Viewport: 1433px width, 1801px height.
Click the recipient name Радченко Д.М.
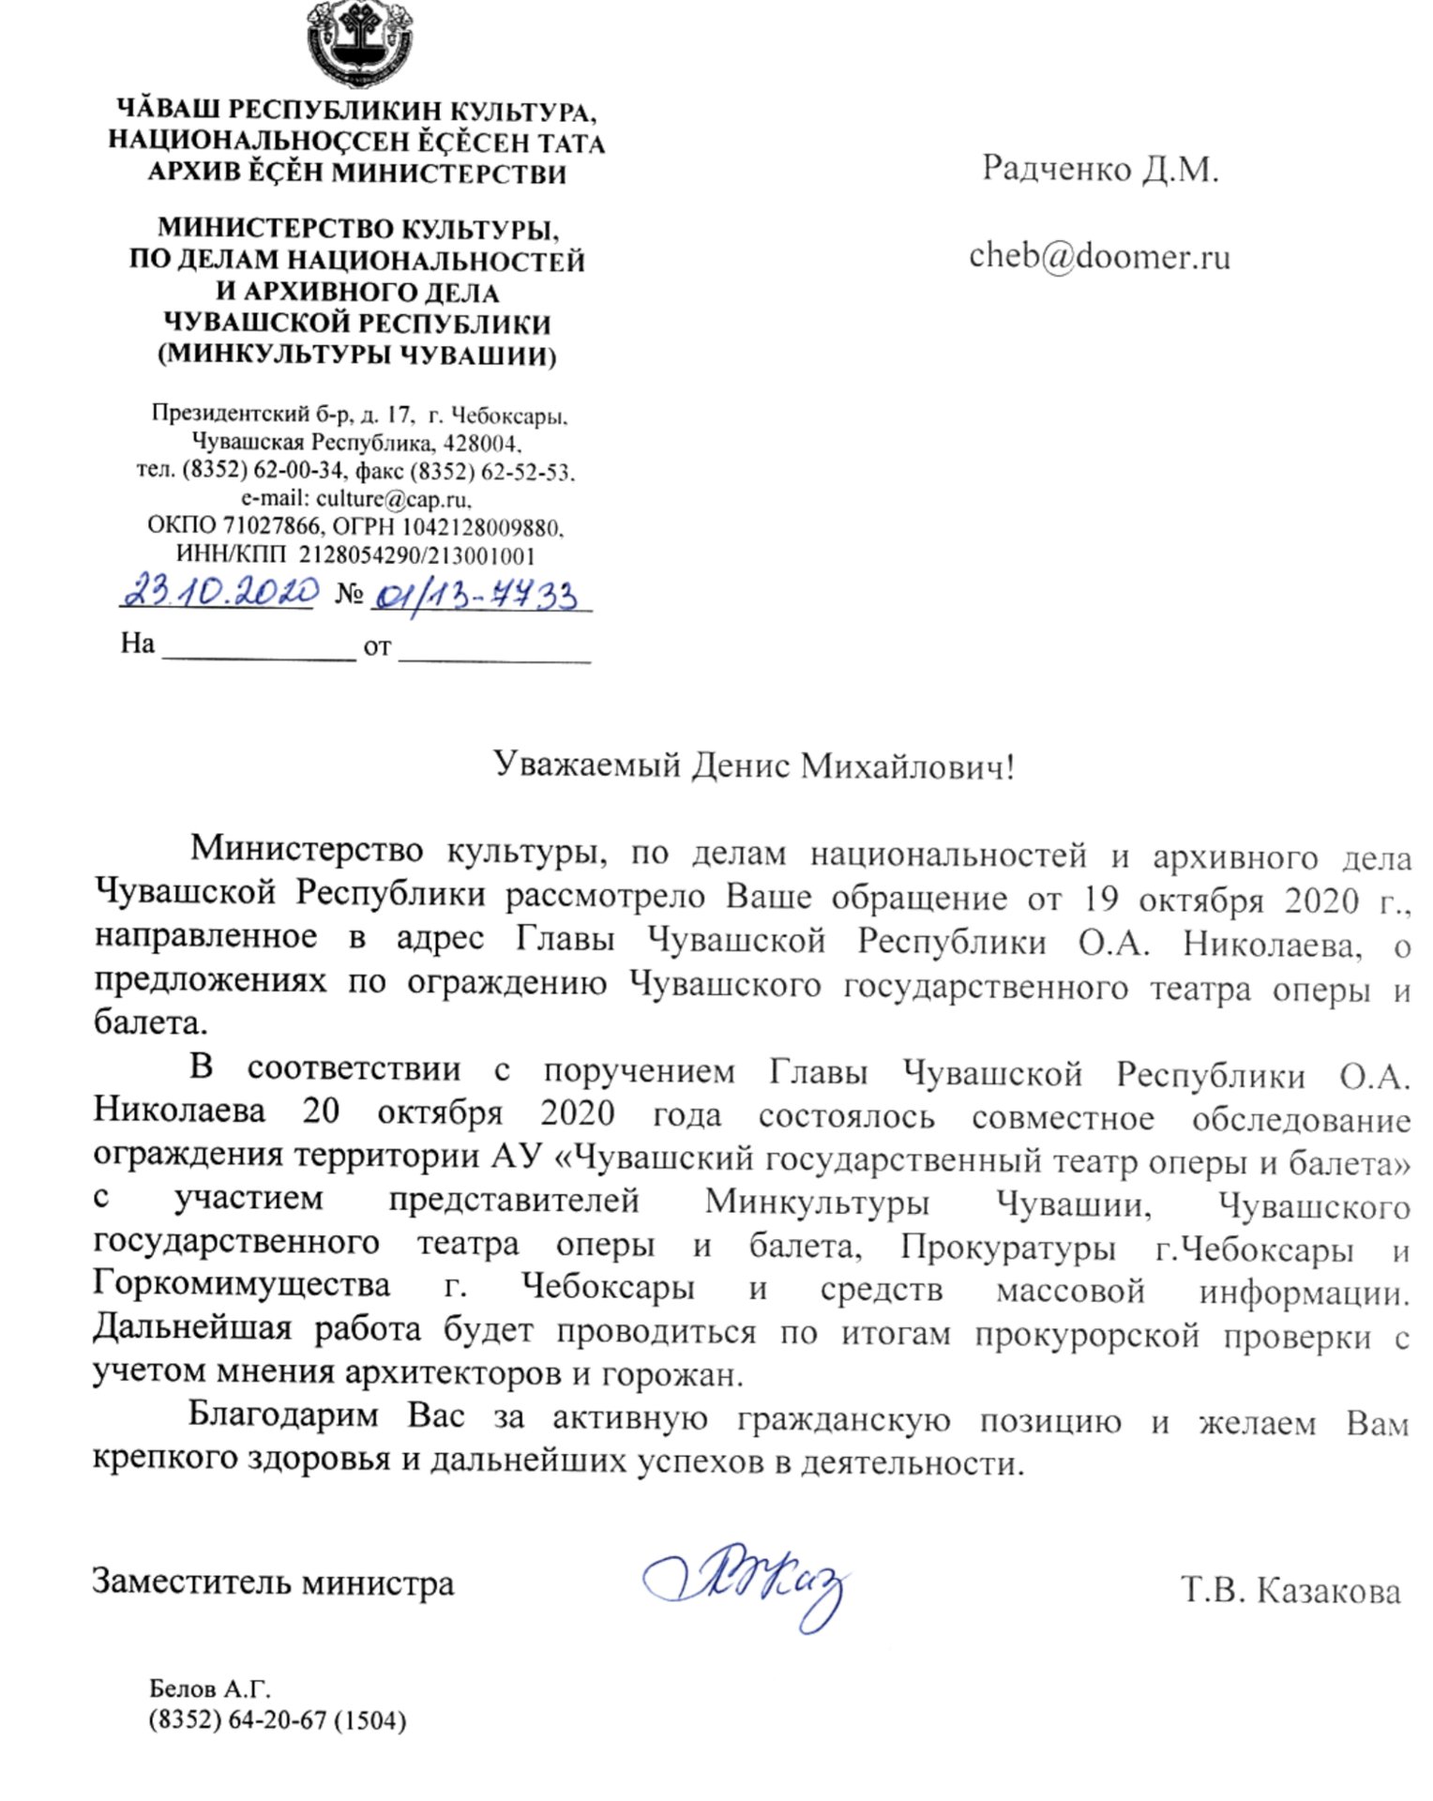coord(1099,170)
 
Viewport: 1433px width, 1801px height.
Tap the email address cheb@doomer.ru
coord(1099,256)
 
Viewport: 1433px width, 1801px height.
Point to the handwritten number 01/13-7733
coord(476,596)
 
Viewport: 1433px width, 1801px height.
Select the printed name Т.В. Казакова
coord(1290,1592)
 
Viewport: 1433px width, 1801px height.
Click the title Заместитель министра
coord(273,1583)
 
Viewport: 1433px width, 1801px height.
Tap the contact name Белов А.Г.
coord(209,1689)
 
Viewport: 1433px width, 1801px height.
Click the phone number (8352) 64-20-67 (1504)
coord(277,1720)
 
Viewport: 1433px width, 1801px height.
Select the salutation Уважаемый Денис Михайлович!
coord(753,766)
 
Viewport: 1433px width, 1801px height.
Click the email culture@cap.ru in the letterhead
coord(393,498)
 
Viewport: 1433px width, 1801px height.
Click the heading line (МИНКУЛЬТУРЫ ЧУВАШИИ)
coord(357,356)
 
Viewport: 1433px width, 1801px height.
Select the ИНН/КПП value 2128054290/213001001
coord(416,554)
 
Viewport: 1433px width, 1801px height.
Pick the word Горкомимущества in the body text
coord(242,1283)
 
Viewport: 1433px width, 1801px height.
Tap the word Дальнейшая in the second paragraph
coord(192,1328)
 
